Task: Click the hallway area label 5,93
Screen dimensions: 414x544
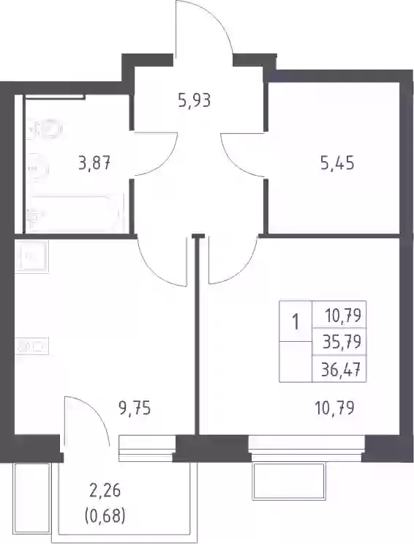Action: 194,101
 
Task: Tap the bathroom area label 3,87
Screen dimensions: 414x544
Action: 94,163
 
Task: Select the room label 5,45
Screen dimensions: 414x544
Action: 337,163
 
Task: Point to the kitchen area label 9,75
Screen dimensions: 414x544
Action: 135,409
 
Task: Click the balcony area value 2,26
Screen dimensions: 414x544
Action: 104,491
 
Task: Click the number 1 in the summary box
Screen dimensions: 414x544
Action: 296,322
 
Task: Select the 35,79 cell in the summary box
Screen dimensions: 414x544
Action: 342,342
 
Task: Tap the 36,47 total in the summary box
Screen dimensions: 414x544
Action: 341,370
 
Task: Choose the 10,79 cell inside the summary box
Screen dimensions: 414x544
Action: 343,316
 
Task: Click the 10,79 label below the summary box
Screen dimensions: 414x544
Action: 334,409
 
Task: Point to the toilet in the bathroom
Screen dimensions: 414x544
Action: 46,129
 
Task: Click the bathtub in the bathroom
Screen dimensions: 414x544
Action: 75,214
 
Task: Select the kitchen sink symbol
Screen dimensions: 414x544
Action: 32,256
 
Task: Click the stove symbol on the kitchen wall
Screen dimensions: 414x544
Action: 32,346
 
